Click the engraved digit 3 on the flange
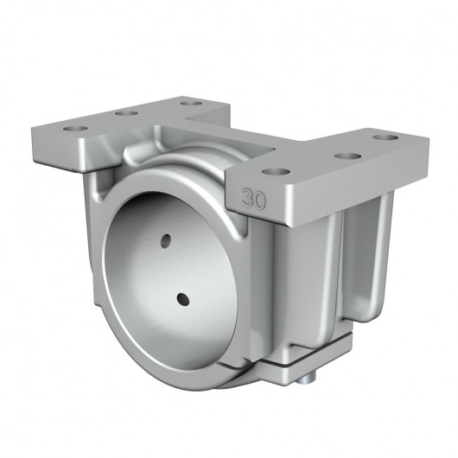(250, 194)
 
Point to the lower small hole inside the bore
(183, 298)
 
